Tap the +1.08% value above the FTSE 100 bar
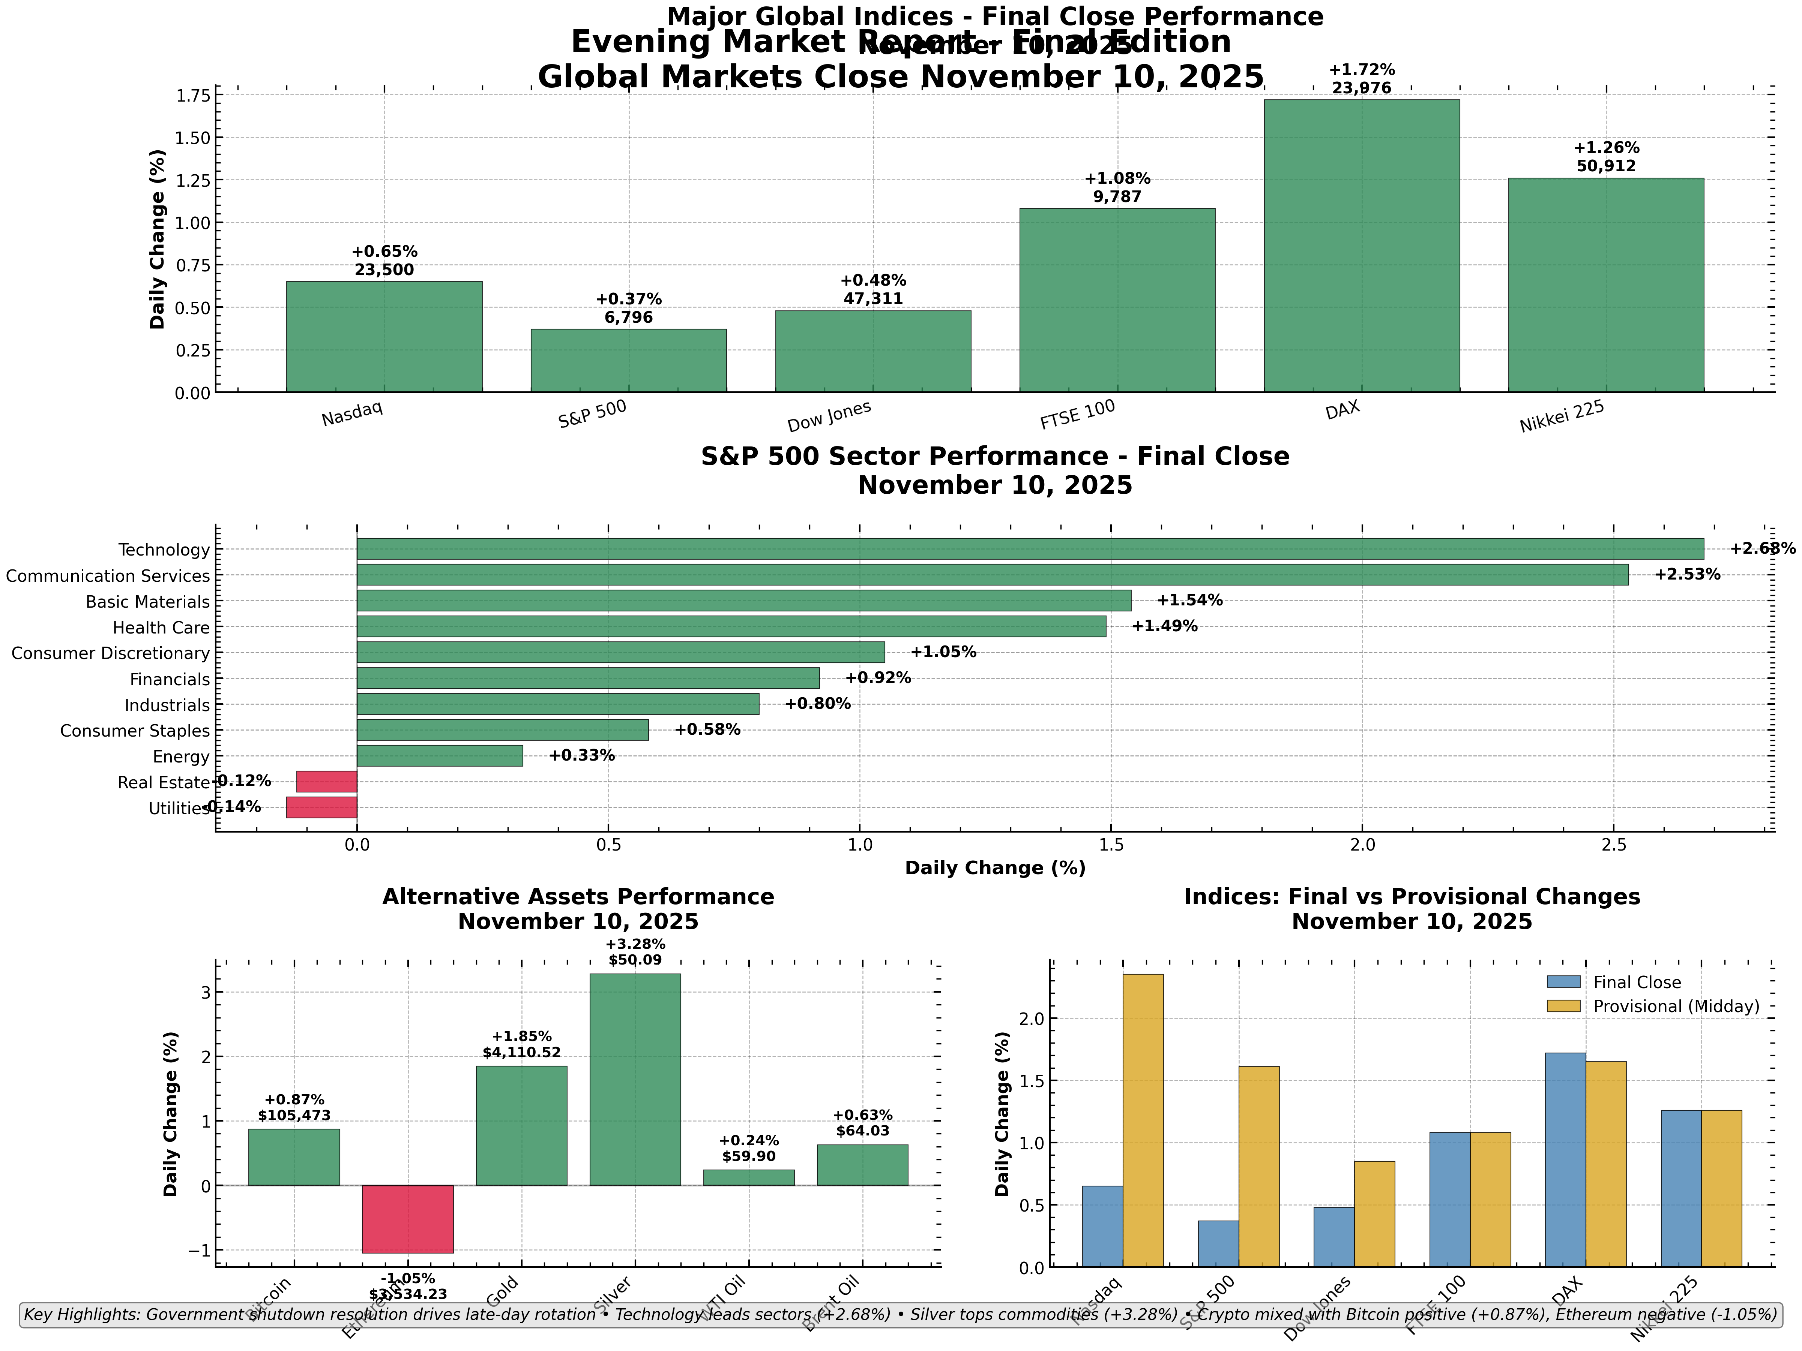pyautogui.click(x=1117, y=178)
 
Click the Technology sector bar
pyautogui.click(x=1030, y=548)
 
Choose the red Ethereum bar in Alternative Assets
pyautogui.click(x=407, y=1218)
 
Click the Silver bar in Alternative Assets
pyautogui.click(x=635, y=1079)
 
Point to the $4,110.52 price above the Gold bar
pyautogui.click(x=521, y=1052)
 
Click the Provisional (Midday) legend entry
pyautogui.click(x=1675, y=1007)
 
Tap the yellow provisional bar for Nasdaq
pyautogui.click(x=1143, y=1120)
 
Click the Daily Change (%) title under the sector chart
pyautogui.click(x=995, y=868)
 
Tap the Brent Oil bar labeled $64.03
pyautogui.click(x=862, y=1165)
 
